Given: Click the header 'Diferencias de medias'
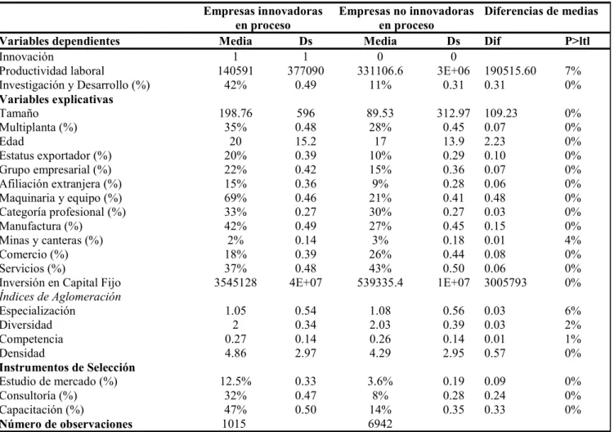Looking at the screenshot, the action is [541, 11].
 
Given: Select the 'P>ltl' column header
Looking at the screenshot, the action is [576, 41].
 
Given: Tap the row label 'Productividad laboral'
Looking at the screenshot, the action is [52, 71].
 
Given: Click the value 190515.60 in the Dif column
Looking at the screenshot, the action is [510, 71].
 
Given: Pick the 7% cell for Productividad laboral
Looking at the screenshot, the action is [573, 71].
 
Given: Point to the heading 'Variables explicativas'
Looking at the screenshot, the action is [56, 99].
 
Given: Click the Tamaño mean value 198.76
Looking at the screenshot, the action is [235, 113].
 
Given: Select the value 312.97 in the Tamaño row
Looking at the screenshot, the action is [454, 113].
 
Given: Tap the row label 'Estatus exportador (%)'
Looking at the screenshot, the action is [56, 155].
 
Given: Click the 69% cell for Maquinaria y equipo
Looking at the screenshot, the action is [235, 198].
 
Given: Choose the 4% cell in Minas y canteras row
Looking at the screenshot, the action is [573, 241].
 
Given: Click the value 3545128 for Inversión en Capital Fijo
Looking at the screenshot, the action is [235, 282].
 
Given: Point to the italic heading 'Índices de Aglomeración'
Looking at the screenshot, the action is [61, 297].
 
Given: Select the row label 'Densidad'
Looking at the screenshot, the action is [22, 353].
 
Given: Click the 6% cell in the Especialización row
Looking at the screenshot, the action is [573, 311].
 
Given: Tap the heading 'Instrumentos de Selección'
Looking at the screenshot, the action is [67, 367].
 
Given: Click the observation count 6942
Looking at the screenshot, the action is [380, 424].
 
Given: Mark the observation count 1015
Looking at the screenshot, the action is [234, 424].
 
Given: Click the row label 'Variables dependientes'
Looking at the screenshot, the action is [60, 41].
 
